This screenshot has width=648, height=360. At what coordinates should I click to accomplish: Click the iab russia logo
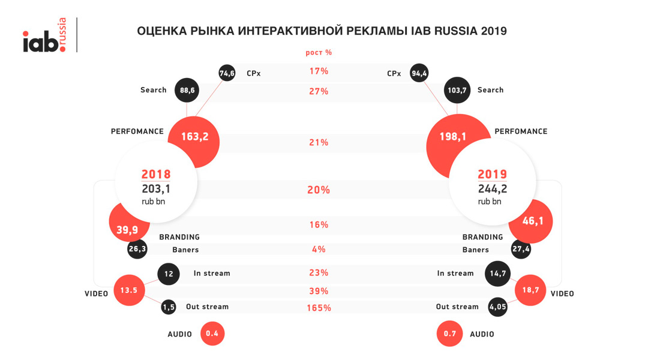[45, 37]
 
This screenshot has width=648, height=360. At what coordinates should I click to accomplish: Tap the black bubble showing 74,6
[227, 73]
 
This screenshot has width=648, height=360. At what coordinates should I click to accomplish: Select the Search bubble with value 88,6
[187, 90]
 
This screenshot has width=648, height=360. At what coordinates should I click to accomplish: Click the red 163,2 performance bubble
[194, 137]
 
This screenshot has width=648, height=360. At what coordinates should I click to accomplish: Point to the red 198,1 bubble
[452, 137]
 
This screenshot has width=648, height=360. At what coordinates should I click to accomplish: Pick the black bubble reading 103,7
[457, 90]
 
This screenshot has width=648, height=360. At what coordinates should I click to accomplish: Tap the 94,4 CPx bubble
[419, 73]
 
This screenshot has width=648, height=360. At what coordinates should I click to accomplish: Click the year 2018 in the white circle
[156, 175]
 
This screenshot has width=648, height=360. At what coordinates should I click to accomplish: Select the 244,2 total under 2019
[492, 189]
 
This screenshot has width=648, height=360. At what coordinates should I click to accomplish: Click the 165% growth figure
[319, 308]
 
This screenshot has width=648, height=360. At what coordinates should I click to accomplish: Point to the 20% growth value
[319, 190]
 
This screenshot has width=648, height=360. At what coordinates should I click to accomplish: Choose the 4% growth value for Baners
[319, 249]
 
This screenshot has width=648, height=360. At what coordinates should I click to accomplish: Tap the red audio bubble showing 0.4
[212, 334]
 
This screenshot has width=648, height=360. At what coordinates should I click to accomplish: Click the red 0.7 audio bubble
[449, 334]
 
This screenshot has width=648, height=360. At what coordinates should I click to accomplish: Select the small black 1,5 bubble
[169, 307]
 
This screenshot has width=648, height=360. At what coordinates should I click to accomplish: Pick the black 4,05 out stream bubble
[498, 307]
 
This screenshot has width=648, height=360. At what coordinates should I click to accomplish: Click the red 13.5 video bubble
[129, 290]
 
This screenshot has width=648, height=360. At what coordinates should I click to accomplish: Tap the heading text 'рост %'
[319, 53]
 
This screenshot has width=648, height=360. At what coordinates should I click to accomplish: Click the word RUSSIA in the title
[454, 31]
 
